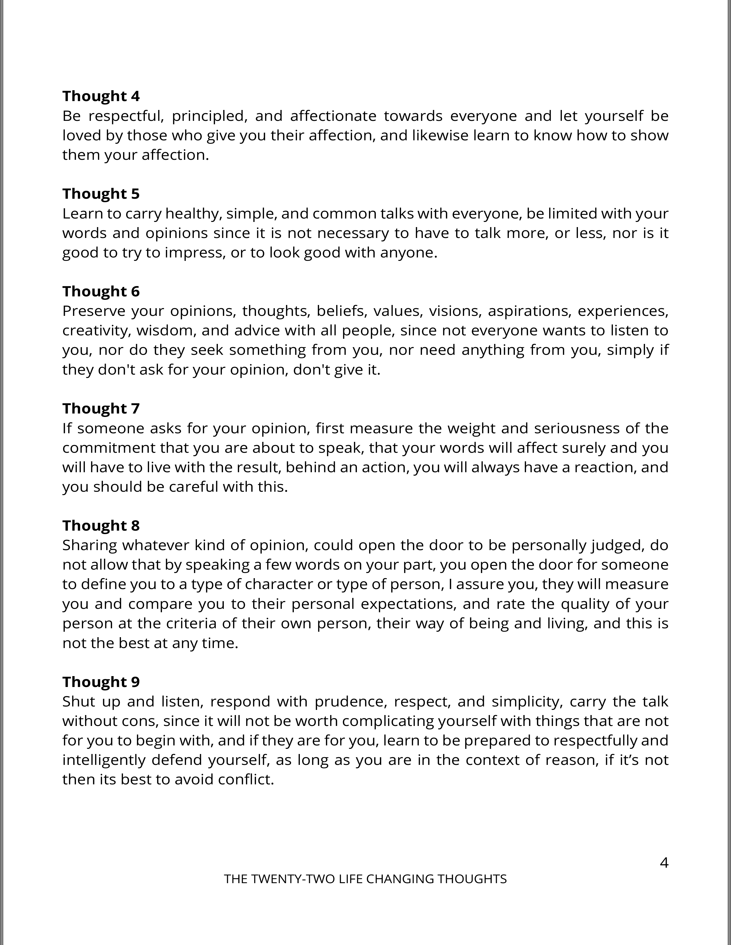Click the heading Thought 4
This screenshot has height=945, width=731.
point(101,96)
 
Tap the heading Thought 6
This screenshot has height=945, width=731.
point(101,292)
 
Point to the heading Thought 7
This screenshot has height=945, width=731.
point(101,408)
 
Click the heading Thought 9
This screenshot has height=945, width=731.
point(101,682)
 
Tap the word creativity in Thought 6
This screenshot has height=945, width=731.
point(97,330)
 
